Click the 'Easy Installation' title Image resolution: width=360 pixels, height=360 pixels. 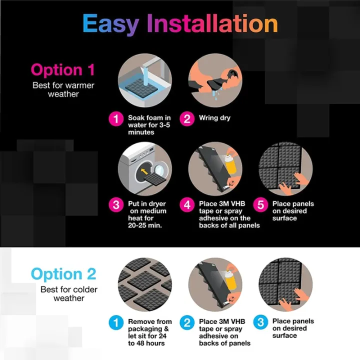coord(180,24)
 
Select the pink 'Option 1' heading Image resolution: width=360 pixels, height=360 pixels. coord(63,69)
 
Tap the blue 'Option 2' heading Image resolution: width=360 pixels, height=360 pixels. coord(63,274)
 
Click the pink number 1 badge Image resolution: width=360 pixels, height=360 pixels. coord(115,119)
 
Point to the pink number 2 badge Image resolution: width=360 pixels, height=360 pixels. coord(187,119)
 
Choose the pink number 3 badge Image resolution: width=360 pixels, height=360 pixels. coord(115,205)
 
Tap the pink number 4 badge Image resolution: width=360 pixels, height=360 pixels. coord(187,205)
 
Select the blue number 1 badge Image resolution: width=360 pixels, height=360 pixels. coord(115,322)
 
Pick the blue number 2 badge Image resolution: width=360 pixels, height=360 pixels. coord(187,322)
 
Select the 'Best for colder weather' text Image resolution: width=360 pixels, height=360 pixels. coord(69,294)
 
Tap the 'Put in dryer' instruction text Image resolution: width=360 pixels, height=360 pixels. coord(147,214)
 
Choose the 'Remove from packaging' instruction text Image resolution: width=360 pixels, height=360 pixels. coord(149,332)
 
